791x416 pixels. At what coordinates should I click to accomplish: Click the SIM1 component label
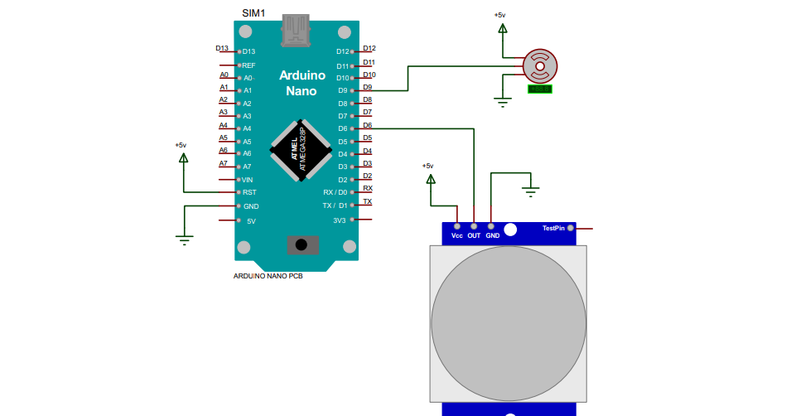253,12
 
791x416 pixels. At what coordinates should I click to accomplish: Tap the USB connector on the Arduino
298,30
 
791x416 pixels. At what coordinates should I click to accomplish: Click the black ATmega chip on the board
301,150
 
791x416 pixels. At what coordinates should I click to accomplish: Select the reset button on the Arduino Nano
301,244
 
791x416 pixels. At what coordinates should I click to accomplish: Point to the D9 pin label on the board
343,90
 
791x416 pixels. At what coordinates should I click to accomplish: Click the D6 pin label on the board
343,128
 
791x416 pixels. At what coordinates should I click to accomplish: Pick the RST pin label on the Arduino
249,192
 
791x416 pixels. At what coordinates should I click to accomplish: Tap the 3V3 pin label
339,220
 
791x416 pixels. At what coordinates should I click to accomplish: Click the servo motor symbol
540,65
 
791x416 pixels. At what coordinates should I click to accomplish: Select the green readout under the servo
540,89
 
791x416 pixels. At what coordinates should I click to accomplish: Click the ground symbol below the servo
501,102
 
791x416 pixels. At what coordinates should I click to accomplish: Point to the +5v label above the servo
500,15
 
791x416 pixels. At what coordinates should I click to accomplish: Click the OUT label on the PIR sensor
474,235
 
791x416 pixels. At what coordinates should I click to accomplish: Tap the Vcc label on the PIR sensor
456,235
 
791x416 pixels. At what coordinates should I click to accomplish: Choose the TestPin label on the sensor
552,228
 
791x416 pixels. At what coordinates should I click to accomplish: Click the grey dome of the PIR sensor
508,322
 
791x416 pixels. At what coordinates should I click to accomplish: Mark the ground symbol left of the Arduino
183,239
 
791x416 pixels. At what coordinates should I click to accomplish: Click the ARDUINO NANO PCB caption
268,276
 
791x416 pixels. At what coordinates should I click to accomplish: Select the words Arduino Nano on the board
301,83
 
